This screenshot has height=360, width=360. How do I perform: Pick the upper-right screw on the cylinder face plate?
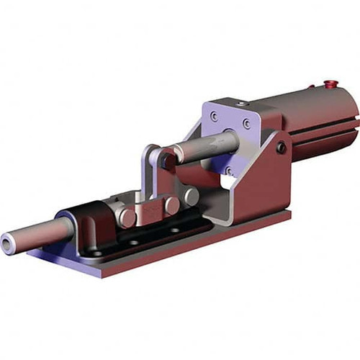click(247, 124)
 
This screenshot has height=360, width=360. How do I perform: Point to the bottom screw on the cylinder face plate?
click(228, 170)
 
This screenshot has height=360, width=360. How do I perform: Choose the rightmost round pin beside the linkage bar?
click(192, 196)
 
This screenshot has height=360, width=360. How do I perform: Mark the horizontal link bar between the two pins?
click(151, 210)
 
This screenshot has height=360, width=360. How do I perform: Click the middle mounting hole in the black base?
click(134, 242)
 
